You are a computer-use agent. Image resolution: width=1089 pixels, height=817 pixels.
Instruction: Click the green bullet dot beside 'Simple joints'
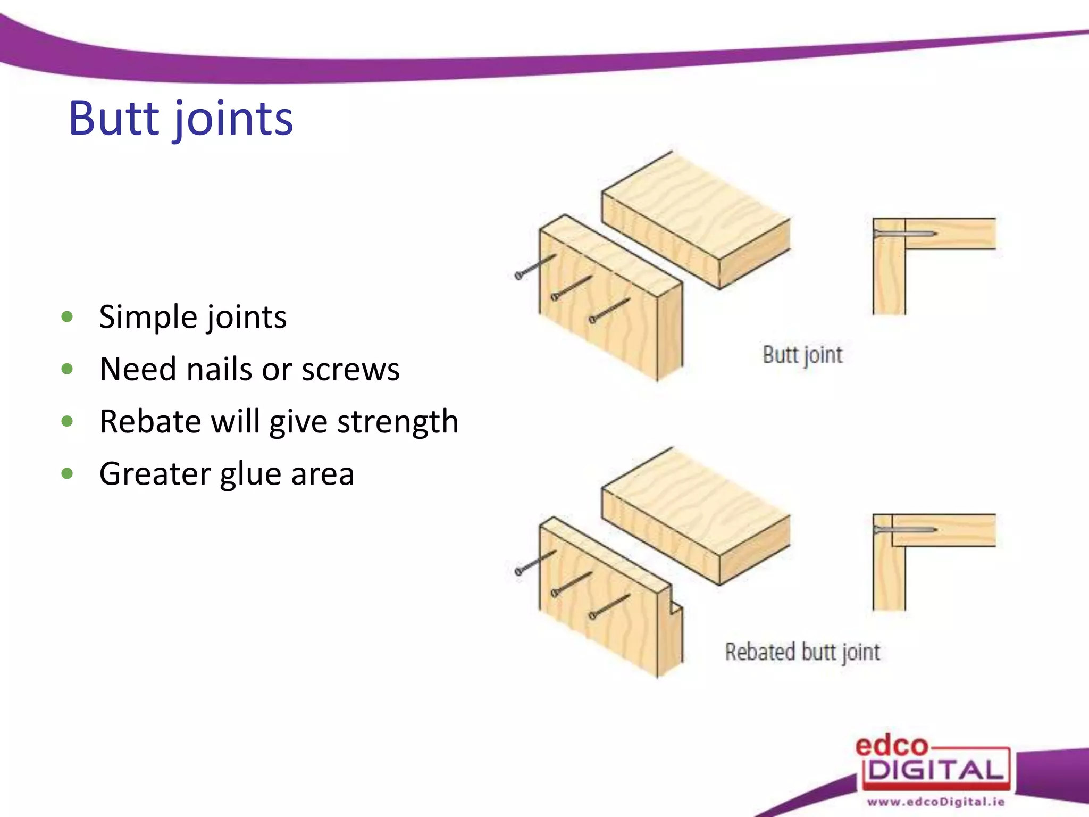tap(67, 317)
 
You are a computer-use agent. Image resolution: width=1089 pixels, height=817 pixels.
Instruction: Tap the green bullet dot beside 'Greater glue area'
tap(67, 473)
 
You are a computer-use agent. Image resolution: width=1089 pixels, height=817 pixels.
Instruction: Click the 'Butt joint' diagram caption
tap(802, 355)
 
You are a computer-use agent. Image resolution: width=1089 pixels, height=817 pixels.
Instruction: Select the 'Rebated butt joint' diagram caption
tap(802, 652)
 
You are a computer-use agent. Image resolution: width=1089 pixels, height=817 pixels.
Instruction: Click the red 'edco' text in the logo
tap(891, 746)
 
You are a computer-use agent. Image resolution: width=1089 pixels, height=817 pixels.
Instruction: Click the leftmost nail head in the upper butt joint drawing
tap(518, 276)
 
